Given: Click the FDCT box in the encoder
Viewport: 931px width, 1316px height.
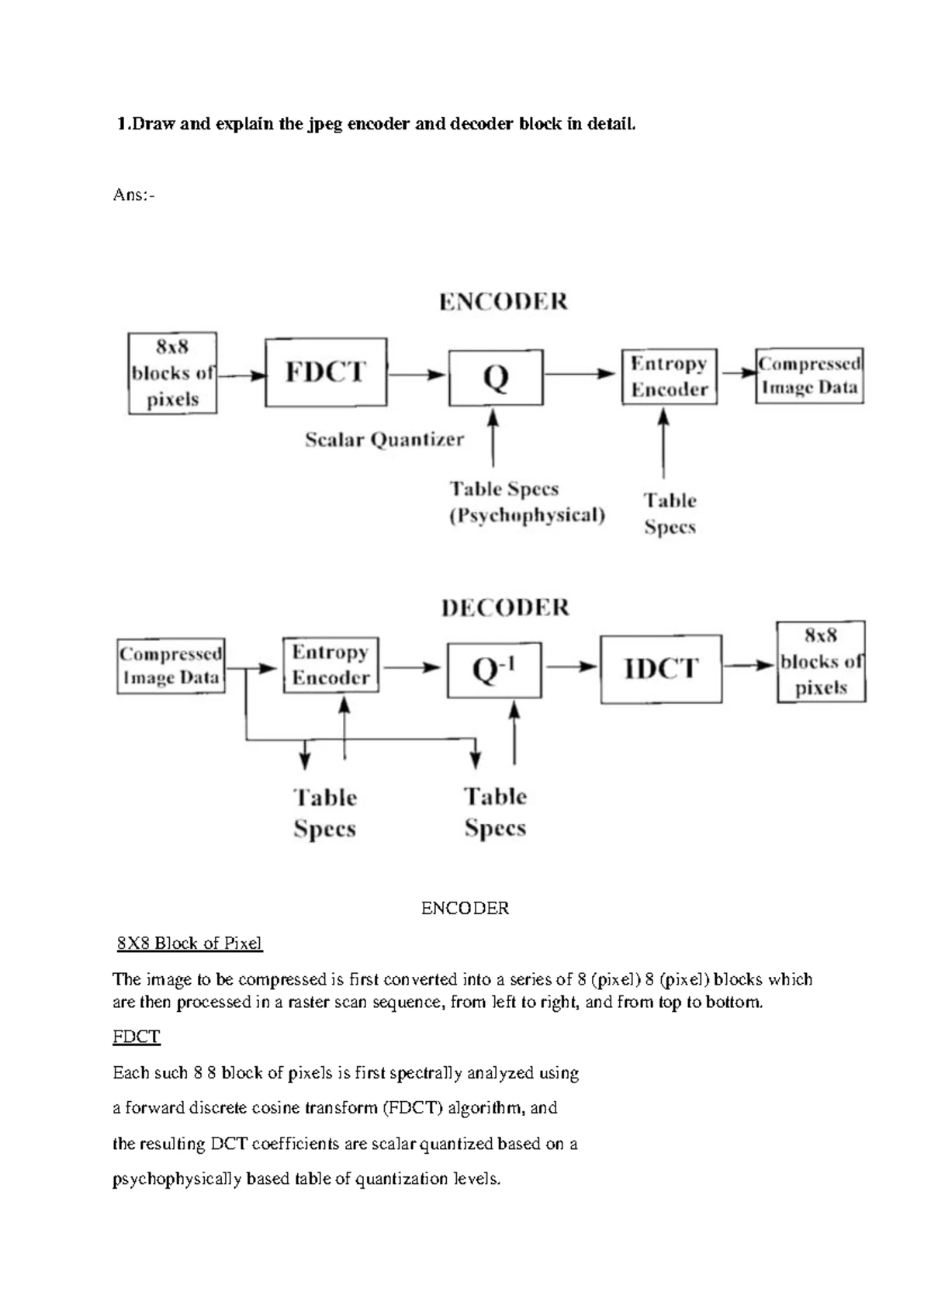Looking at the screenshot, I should (326, 372).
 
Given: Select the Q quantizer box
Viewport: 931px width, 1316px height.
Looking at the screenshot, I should (496, 378).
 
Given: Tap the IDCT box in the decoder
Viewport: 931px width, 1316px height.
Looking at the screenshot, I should (661, 669).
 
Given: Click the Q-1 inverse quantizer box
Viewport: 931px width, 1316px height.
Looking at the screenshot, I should (494, 670).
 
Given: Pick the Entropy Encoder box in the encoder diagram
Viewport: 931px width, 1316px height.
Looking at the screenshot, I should (669, 376).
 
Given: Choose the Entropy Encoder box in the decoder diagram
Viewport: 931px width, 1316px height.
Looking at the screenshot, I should (331, 665).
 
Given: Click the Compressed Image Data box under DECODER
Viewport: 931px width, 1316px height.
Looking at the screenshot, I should (171, 666).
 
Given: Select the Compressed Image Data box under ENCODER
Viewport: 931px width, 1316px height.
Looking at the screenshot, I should (809, 376).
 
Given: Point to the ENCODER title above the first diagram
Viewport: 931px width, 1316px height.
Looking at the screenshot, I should (504, 302).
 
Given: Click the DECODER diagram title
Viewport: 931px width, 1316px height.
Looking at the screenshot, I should (505, 608).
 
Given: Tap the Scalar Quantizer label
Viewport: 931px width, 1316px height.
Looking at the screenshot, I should (384, 440).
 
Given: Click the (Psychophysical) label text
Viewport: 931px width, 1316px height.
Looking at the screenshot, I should (528, 515).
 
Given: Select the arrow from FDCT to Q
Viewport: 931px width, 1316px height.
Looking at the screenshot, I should (417, 375).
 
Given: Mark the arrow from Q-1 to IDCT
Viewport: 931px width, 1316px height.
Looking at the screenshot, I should (571, 667).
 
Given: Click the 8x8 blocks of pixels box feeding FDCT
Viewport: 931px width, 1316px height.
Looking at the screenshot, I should (172, 373).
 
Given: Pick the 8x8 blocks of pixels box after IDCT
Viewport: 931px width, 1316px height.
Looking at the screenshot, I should (821, 662).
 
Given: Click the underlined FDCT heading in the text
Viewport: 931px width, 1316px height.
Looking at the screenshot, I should (137, 1037).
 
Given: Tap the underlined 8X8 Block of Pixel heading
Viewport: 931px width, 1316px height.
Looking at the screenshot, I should (189, 944).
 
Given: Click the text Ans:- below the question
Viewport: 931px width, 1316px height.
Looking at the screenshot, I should (133, 195).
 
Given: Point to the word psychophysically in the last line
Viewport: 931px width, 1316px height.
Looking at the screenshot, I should (177, 1179).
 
